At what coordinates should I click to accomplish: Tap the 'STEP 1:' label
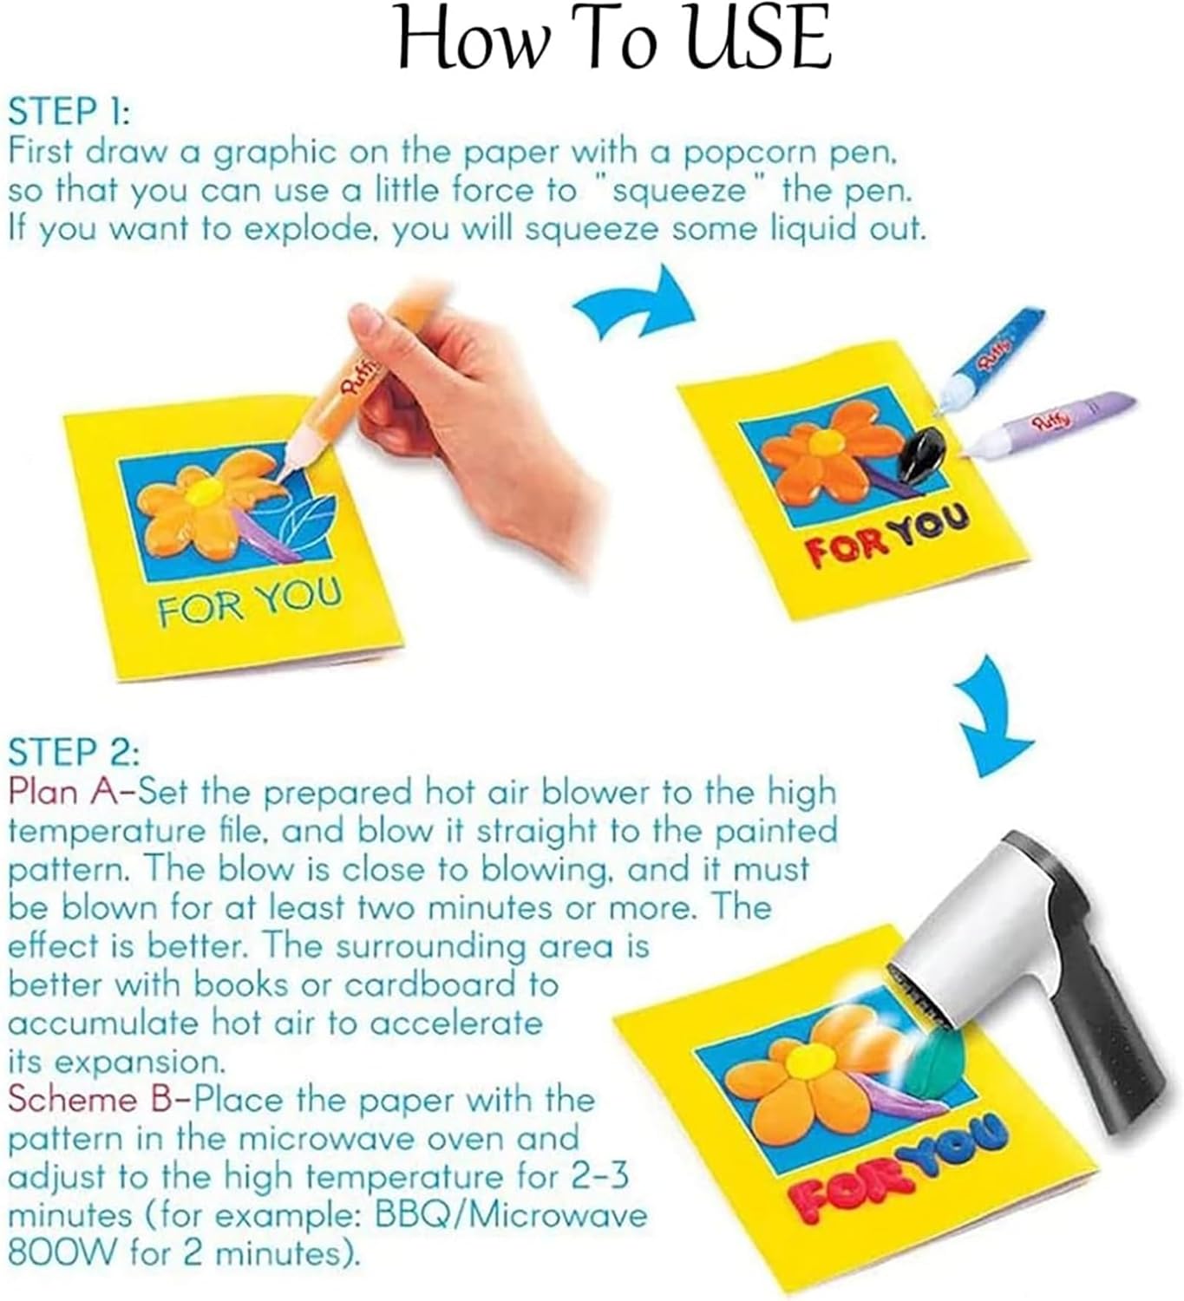point(69,112)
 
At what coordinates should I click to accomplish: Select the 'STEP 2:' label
point(74,752)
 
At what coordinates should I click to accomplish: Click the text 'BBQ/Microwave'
point(512,1215)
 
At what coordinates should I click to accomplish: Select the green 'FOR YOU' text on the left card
point(250,601)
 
